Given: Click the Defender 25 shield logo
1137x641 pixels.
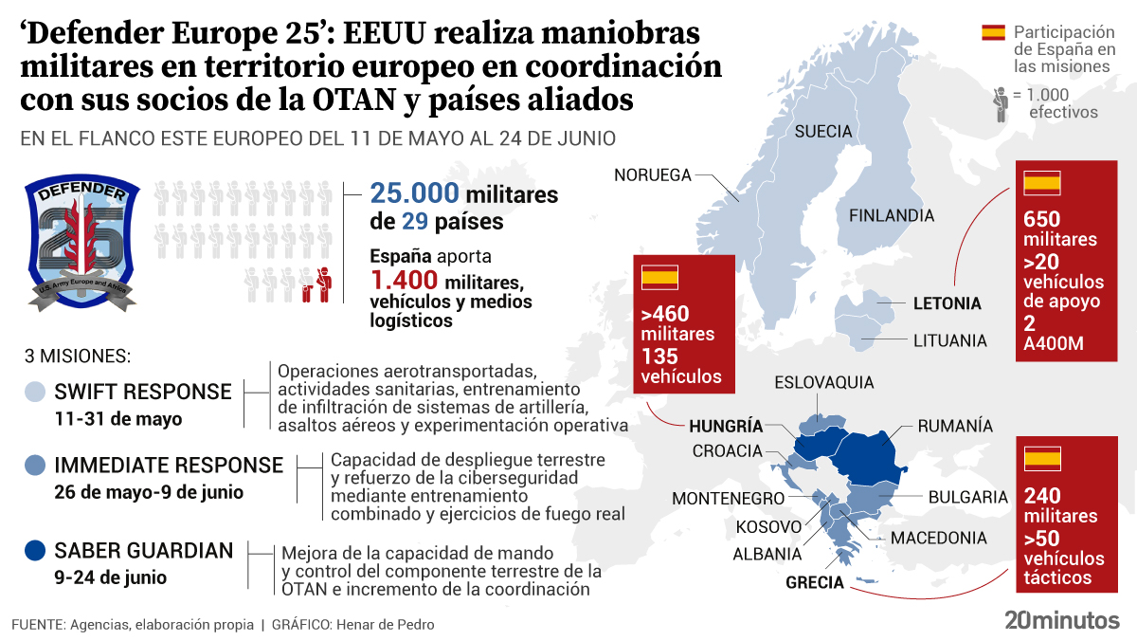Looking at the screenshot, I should tap(81, 244).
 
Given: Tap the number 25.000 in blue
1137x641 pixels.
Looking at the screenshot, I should tap(414, 194).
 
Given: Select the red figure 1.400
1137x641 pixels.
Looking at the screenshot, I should tap(404, 281).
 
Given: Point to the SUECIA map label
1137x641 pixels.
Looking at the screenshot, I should tap(823, 132).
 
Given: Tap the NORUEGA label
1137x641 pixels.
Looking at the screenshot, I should tap(653, 174).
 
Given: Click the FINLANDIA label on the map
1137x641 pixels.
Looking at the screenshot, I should tap(891, 216).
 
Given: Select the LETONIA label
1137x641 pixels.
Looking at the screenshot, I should tap(947, 304).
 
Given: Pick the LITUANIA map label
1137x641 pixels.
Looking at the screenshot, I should tap(949, 340).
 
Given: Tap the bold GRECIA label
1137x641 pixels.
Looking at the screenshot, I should tap(814, 582).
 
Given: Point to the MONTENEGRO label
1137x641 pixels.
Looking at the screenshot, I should tap(728, 499).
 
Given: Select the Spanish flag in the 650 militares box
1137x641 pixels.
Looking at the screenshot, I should tap(1042, 184).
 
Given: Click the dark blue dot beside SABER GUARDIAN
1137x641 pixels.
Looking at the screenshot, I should tap(35, 551).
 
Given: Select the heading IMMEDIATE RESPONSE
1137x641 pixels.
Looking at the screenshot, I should tap(169, 466).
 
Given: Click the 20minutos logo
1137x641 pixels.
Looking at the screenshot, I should tap(1061, 620).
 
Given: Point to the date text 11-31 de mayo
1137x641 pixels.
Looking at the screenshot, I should tap(117, 418).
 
